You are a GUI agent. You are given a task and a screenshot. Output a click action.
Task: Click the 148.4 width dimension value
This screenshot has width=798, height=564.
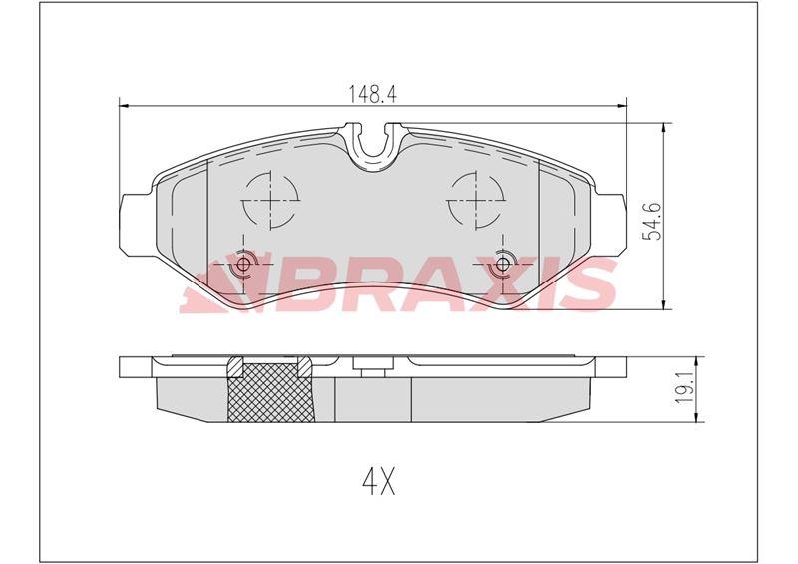[x=367, y=94]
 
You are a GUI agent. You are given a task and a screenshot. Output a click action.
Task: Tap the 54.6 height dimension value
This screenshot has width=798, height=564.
[x=676, y=220]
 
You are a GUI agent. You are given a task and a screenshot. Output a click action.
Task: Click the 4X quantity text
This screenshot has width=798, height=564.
[x=379, y=484]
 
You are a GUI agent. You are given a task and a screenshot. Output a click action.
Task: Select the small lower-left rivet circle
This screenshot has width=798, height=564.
[x=242, y=265]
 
